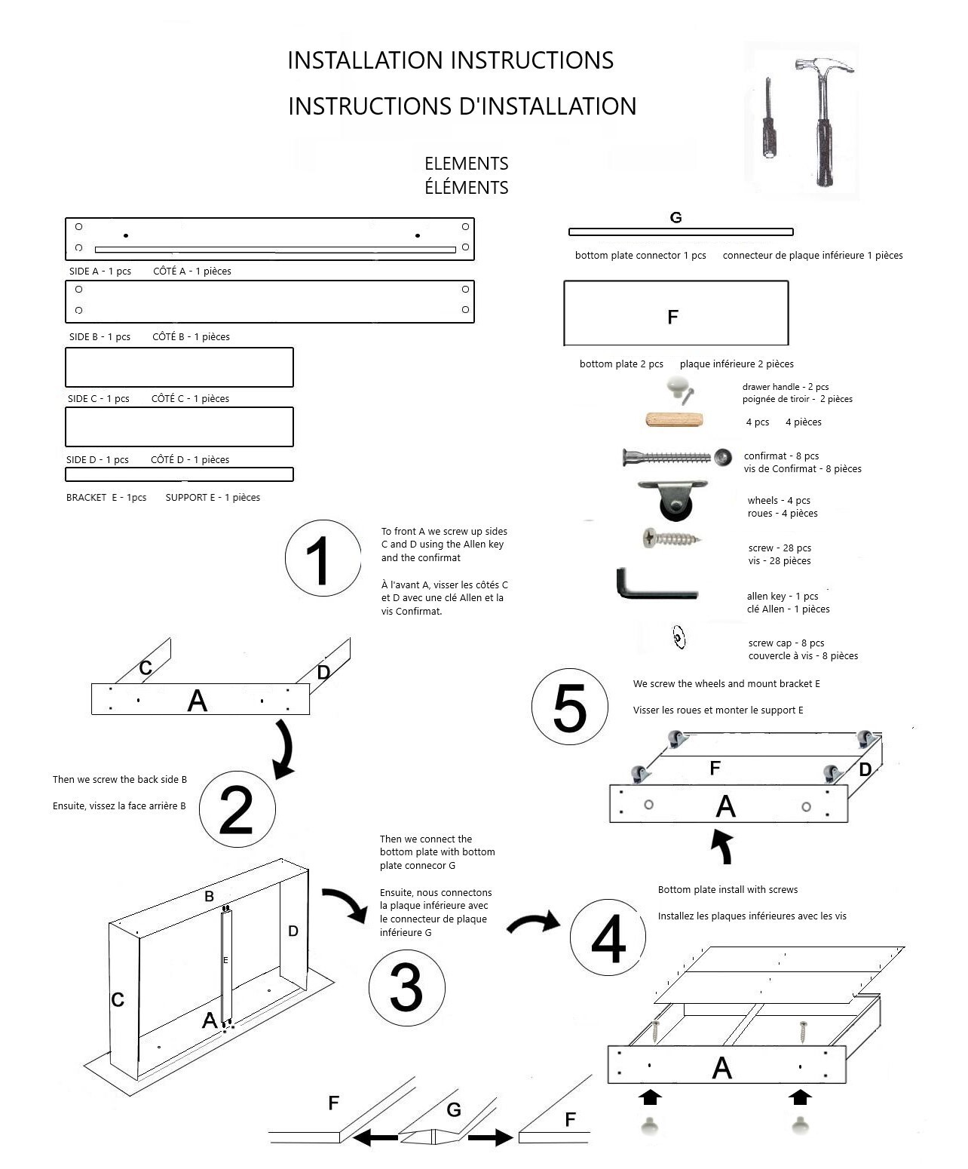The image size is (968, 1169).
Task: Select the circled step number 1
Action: click(323, 559)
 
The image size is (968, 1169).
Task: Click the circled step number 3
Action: click(406, 987)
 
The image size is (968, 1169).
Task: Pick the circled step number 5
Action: click(569, 707)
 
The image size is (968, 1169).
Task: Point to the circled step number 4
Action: click(608, 937)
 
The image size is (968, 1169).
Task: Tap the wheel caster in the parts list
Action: click(673, 499)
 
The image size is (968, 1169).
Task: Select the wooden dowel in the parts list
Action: click(674, 420)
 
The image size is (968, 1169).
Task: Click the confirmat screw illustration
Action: click(675, 457)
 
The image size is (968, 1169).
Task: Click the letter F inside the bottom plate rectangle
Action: click(673, 318)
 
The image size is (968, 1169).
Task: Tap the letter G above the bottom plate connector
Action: click(675, 218)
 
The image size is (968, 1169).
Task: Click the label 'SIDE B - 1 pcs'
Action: click(100, 337)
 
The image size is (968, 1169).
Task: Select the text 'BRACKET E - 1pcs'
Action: click(106, 498)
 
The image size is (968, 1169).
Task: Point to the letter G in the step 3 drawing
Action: click(453, 1109)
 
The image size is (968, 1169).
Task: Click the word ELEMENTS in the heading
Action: click(466, 164)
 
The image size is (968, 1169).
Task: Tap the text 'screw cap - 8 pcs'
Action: click(786, 643)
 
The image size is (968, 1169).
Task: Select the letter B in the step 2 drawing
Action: click(210, 897)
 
